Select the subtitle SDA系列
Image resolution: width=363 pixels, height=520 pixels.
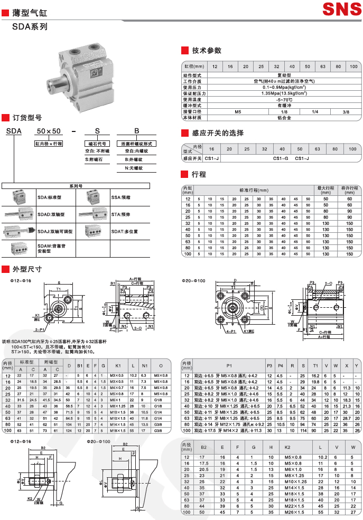point(30,26)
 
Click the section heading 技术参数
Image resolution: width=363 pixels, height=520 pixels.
point(207,50)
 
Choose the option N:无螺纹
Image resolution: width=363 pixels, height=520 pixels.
point(133,168)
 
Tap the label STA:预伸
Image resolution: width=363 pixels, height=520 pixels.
point(120,215)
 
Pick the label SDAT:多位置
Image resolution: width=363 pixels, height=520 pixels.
point(125,231)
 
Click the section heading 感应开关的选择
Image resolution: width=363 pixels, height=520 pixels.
point(218,133)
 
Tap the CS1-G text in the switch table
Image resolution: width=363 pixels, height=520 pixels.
point(280,158)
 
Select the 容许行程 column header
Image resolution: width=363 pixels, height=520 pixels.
point(349,190)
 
